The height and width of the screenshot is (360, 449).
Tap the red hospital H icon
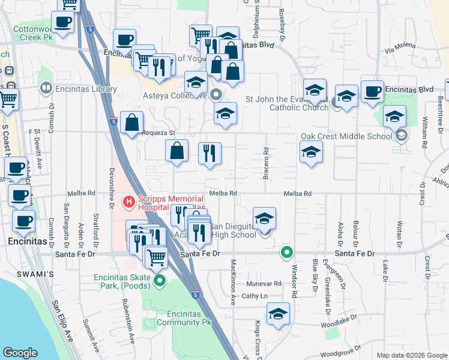click(x=127, y=202)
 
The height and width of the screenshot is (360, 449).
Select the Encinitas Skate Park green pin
click(x=159, y=280)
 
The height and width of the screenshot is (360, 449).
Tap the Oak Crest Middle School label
click(x=346, y=136)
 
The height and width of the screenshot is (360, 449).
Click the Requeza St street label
click(x=154, y=133)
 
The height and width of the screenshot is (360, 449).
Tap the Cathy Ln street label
click(x=254, y=296)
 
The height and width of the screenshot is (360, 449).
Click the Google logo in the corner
click(x=20, y=353)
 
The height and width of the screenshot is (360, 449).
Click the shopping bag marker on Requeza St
click(x=131, y=124)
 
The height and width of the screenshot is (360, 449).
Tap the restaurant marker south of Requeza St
click(x=209, y=153)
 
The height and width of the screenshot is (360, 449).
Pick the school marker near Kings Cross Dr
click(x=277, y=314)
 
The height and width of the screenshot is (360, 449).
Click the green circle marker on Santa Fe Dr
click(x=288, y=253)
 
